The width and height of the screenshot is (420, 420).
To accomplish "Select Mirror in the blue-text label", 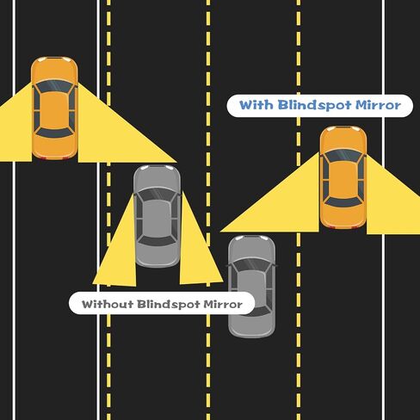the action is [378, 105].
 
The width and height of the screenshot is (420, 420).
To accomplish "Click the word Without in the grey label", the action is [108, 304].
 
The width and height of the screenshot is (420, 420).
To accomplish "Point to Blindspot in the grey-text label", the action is [168, 304].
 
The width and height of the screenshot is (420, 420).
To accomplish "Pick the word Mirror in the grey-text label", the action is [223, 304].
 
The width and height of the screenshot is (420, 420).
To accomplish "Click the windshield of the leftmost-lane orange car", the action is [54, 85].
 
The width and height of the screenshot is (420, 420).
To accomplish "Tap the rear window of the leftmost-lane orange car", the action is [54, 133].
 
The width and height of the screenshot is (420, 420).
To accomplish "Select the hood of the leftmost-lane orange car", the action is [54, 70].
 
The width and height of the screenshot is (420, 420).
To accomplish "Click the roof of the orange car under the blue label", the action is [343, 179].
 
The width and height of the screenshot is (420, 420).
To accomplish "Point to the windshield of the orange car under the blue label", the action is [343, 155].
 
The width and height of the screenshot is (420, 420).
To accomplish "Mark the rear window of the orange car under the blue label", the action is [343, 201].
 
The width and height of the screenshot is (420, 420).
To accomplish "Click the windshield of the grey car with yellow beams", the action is [157, 195].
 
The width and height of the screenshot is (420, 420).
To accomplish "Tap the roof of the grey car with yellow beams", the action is [157, 219].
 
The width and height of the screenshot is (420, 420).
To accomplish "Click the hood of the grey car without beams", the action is [251, 248].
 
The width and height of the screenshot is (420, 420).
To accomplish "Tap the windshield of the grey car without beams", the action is [251, 264].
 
